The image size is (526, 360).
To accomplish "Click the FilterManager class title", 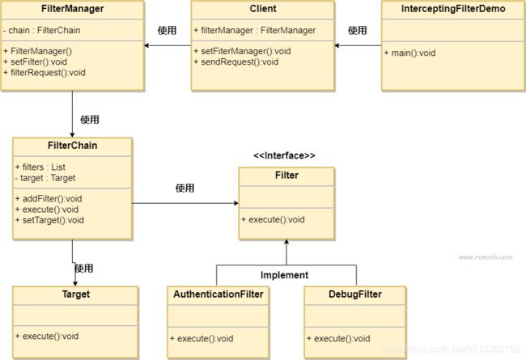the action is pos(73,9).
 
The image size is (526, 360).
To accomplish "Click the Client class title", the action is pos(263,9).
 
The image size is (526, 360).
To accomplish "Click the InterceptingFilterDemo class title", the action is pos(453,9).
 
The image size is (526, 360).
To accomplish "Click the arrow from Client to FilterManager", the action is pos(168,45).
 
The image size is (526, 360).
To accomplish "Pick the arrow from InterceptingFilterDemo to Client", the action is pos(358,45).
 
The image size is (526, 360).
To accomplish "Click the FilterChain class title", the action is pos(73,146).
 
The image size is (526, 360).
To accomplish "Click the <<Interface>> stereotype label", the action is pos(285,155).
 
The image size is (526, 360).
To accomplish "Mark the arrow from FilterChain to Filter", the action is pos(185,203).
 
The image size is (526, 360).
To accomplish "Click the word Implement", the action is pos(285,275).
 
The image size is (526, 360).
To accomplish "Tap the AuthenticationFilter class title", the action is pos(218,294).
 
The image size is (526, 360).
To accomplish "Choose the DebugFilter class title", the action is pos(355,294).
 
